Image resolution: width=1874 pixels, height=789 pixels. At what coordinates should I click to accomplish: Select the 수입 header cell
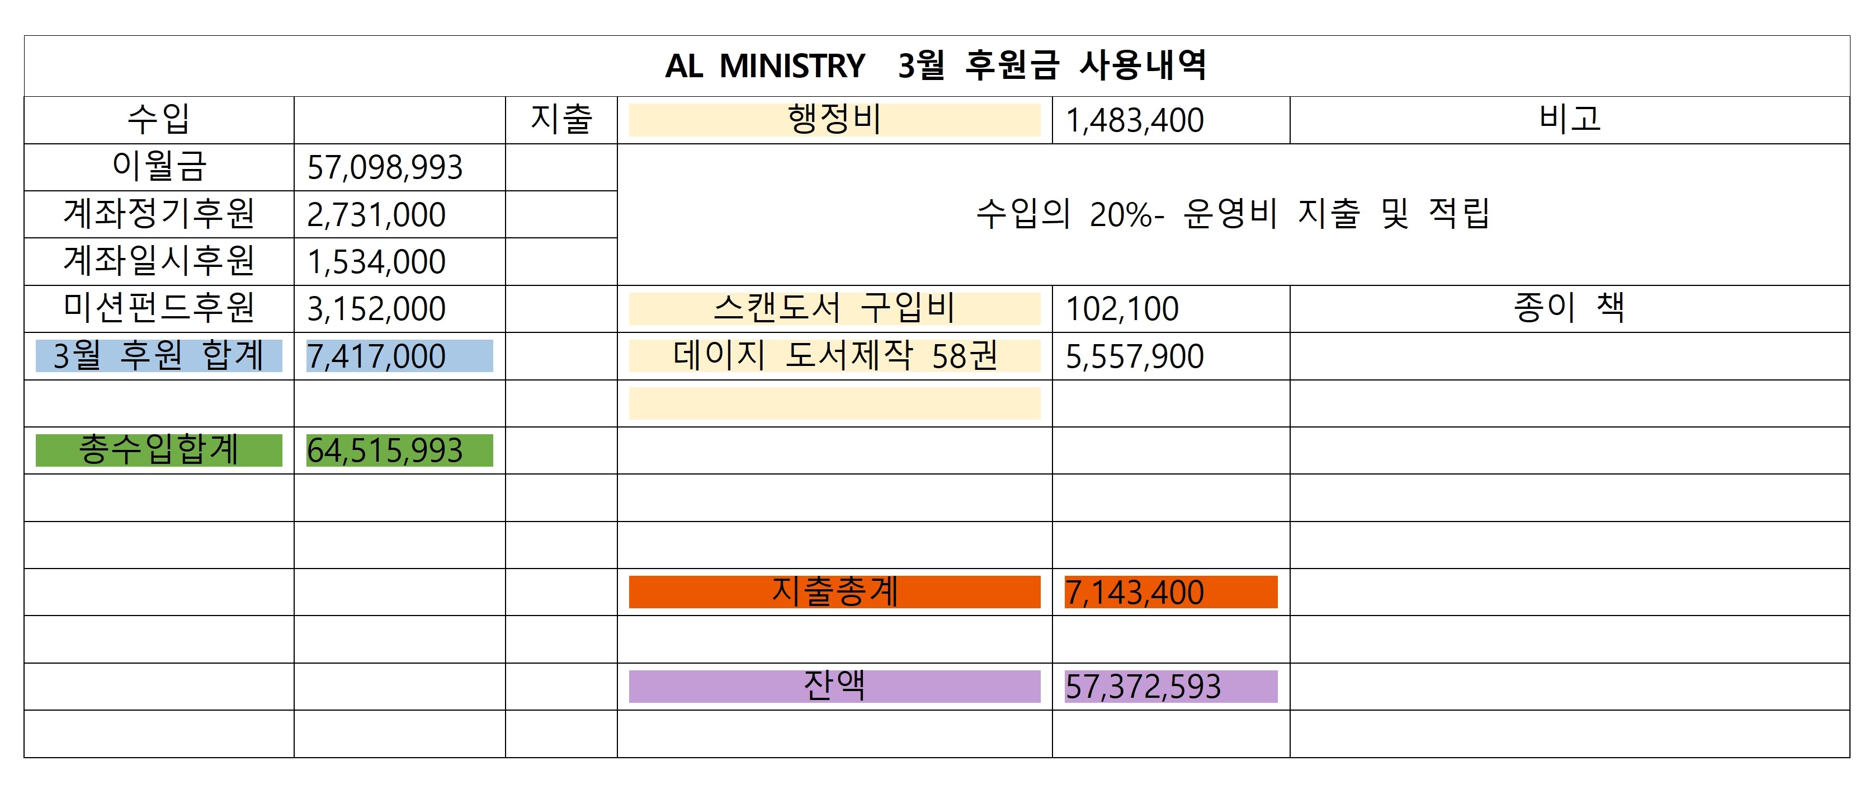click(159, 119)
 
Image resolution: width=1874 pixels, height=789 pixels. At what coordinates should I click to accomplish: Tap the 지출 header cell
click(561, 119)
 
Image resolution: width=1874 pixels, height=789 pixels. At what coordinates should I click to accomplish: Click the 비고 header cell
click(1569, 119)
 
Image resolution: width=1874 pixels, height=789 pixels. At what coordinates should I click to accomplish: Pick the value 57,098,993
click(385, 167)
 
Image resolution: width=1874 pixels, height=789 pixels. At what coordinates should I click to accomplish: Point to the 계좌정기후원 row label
click(159, 214)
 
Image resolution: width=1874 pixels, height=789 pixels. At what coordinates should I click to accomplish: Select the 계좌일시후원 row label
click(159, 261)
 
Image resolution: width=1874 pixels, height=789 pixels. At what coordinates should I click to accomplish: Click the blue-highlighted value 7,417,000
click(376, 356)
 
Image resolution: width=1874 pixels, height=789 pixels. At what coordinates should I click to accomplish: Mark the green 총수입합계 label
click(159, 450)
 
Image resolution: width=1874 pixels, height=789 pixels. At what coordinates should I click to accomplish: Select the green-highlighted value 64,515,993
click(385, 450)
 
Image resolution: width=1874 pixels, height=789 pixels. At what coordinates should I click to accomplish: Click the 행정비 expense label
click(834, 119)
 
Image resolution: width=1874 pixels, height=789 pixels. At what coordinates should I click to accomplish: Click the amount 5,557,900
click(1134, 356)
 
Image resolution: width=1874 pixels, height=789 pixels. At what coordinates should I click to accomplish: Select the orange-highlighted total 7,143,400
click(1134, 593)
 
